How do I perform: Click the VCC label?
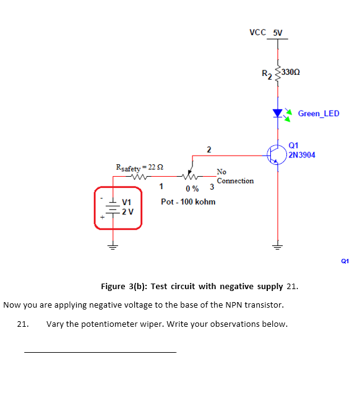257,32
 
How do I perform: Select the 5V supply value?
277,32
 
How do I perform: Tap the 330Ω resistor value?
293,72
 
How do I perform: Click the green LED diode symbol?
278,113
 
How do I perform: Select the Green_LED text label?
319,114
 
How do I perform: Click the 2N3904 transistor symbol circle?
277,154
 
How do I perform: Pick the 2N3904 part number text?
302,155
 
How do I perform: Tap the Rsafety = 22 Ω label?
140,167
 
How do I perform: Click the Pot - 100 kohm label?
188,202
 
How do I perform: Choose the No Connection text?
235,176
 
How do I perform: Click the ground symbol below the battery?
114,243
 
